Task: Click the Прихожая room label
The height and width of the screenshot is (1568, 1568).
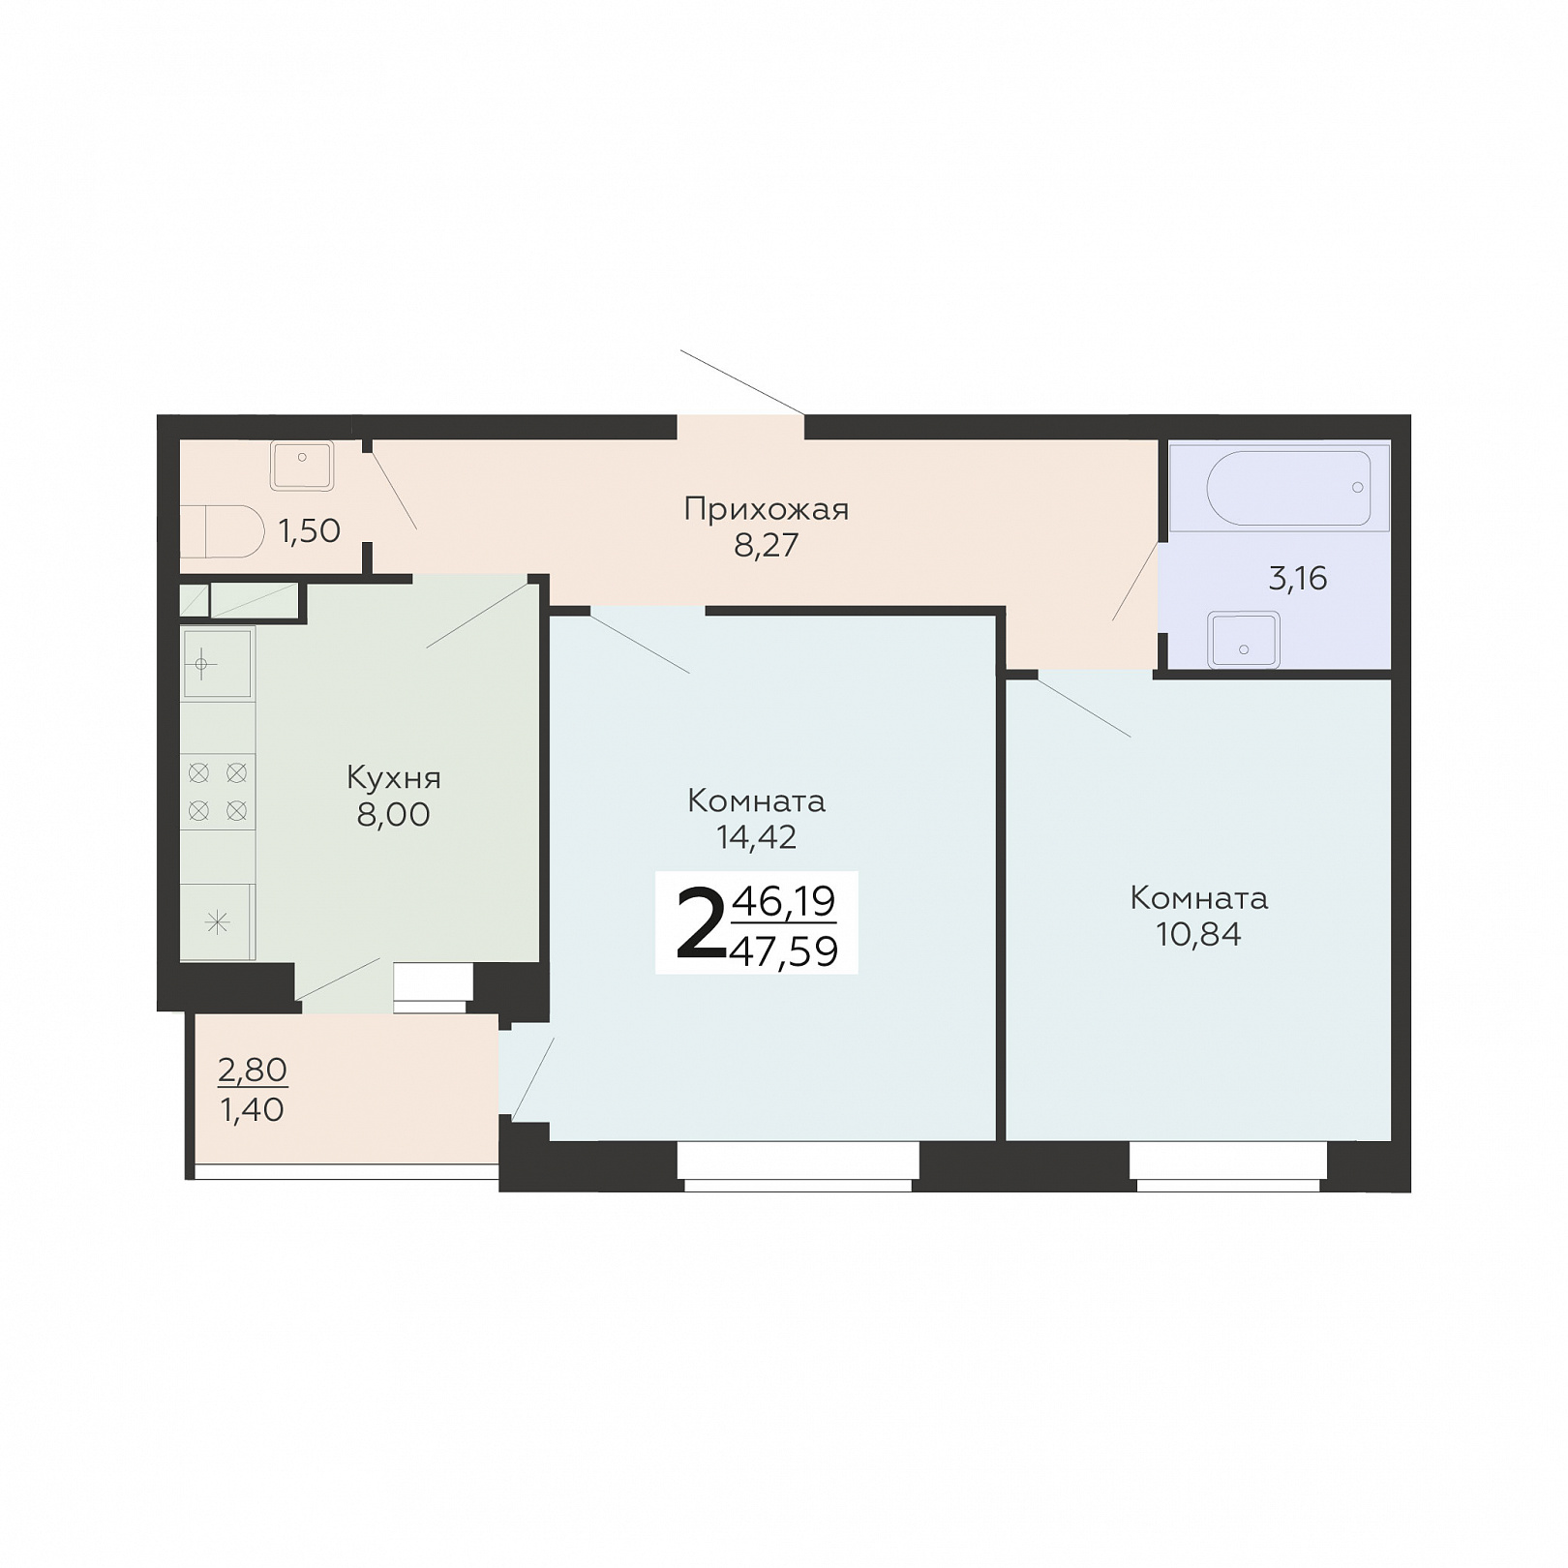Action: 766,510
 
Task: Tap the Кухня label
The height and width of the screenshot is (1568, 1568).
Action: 393,777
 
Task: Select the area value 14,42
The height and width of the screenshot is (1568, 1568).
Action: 756,837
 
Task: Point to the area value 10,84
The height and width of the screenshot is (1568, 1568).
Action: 1198,934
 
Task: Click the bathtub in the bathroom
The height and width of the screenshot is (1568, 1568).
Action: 1288,488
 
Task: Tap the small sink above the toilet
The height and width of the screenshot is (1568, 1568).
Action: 302,466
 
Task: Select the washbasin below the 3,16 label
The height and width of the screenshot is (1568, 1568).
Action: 1244,640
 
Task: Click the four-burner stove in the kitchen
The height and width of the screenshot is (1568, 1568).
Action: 218,792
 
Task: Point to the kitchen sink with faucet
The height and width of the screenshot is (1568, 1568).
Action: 218,663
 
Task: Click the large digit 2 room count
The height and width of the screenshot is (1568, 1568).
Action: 699,923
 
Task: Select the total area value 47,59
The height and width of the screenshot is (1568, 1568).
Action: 784,951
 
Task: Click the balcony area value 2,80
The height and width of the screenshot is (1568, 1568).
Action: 253,1070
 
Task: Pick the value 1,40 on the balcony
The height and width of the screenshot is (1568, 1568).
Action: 253,1109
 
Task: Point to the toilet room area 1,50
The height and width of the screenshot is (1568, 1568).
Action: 310,530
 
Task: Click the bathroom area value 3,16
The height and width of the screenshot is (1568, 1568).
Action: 1297,579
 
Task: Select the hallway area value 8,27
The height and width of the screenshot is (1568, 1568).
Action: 766,546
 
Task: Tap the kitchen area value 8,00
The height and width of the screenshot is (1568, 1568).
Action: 393,815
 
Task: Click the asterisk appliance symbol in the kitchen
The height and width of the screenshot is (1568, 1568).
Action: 218,922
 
